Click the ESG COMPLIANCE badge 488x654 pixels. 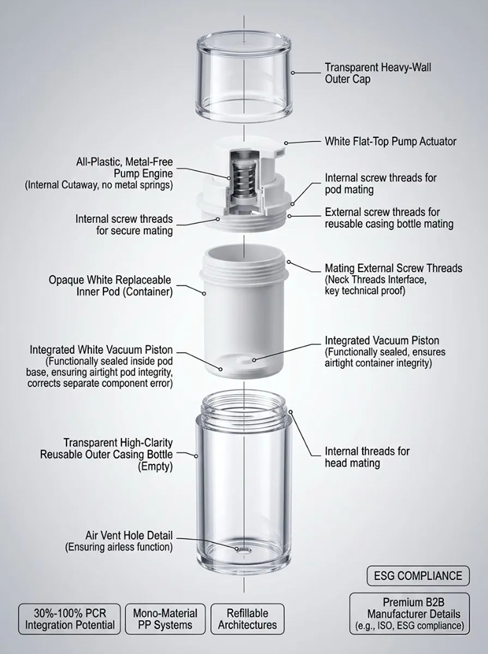[x=418, y=576]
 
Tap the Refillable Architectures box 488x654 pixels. [x=248, y=619]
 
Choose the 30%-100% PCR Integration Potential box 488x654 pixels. [x=70, y=619]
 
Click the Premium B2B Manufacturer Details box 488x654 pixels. [x=409, y=614]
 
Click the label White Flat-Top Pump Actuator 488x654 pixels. [x=390, y=142]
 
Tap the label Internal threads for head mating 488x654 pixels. [x=367, y=457]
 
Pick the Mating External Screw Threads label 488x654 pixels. [x=393, y=268]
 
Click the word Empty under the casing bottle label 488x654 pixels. [x=156, y=467]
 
